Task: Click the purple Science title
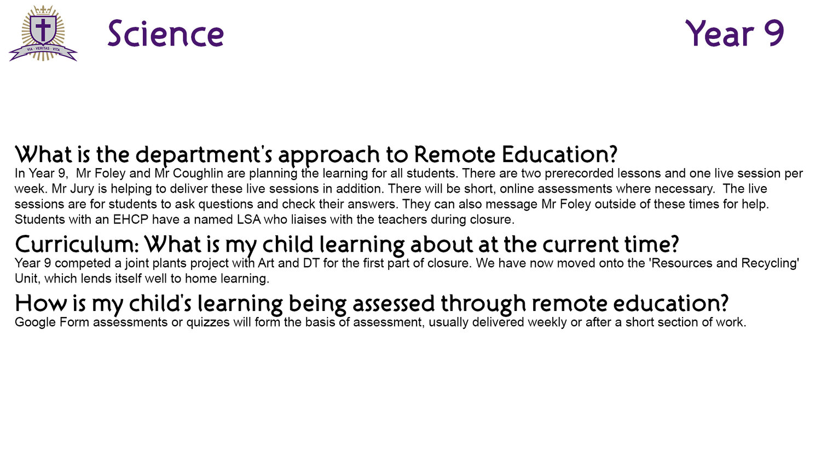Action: tap(166, 34)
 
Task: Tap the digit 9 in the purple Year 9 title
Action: tap(773, 33)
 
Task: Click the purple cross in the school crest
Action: tap(43, 29)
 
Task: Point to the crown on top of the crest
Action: tap(43, 10)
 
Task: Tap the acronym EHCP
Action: tap(130, 220)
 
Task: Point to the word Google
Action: tap(35, 322)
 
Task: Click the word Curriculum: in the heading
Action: tap(77, 245)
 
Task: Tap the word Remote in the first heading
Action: tap(454, 154)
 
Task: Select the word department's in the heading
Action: tap(204, 155)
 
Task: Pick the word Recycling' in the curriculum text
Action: tap(770, 264)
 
